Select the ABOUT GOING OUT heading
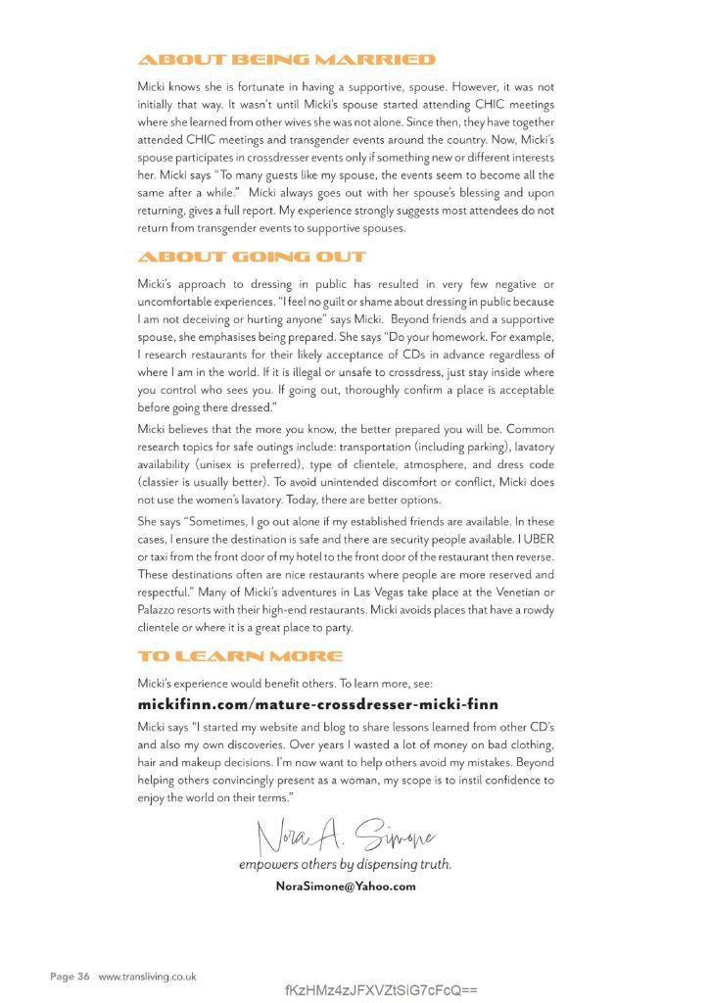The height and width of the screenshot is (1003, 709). pyautogui.click(x=252, y=258)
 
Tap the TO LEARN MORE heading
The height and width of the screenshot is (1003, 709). pyautogui.click(x=240, y=655)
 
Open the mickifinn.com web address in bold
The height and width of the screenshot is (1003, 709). pyautogui.click(x=318, y=704)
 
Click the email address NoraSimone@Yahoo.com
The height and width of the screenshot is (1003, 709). pyautogui.click(x=347, y=885)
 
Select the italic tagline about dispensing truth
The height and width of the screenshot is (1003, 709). pyautogui.click(x=345, y=866)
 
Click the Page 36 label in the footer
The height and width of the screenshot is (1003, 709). pyautogui.click(x=71, y=977)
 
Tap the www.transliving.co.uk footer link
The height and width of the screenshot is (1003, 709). pyautogui.click(x=148, y=977)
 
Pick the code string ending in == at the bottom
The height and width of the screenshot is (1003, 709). pyautogui.click(x=381, y=989)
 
